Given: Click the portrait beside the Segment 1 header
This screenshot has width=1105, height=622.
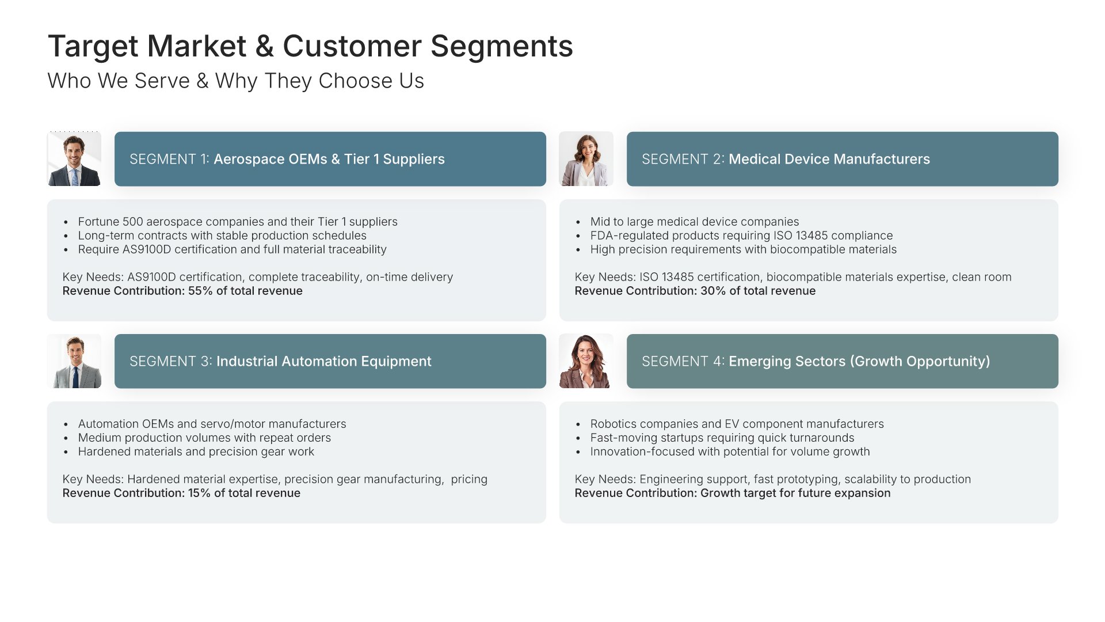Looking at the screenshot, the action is (74, 159).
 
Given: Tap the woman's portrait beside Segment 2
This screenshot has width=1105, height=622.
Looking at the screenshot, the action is (586, 159).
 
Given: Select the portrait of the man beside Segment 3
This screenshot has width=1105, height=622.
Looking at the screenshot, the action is (74, 361).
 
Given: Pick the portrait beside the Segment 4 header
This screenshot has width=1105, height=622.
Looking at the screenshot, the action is (586, 361).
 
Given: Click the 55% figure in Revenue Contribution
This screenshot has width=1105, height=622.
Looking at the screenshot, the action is (200, 291).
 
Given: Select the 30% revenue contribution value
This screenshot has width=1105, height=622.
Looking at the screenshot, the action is (713, 291).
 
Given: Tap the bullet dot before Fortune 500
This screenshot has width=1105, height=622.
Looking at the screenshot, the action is (66, 222).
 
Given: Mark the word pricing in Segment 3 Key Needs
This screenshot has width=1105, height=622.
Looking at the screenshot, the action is (469, 480).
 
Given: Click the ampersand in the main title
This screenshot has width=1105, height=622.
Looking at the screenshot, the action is (265, 47).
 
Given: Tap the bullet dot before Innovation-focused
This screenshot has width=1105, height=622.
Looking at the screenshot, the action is (578, 452).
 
